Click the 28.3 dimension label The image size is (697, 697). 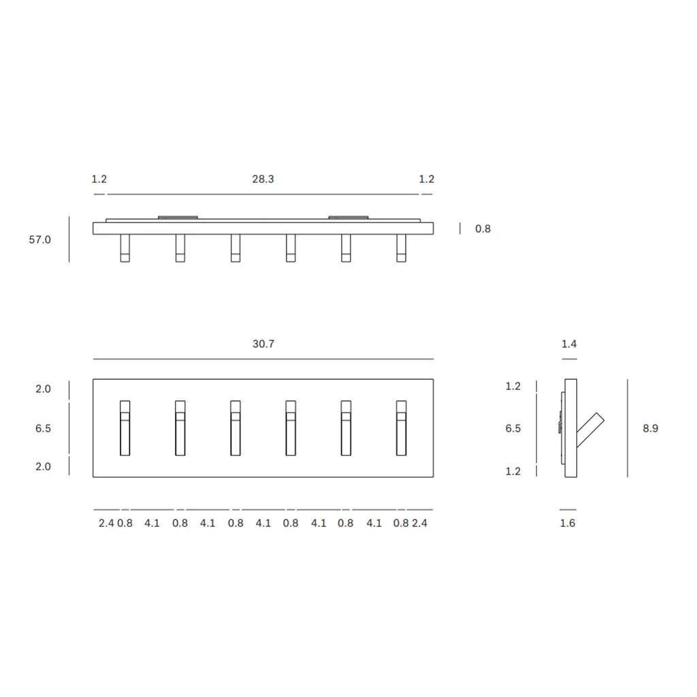263,179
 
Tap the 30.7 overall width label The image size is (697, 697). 263,344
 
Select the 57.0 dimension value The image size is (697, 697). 40,240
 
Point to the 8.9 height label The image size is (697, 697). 650,429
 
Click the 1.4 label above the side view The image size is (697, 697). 569,344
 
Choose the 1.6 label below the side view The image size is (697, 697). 568,523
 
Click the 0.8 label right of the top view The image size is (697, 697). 483,229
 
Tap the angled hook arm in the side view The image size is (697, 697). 590,430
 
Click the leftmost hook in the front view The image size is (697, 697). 125,428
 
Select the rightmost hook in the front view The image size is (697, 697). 402,428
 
